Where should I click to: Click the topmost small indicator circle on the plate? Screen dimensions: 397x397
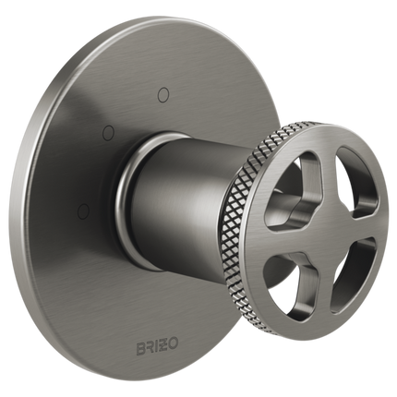[x=164, y=91]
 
